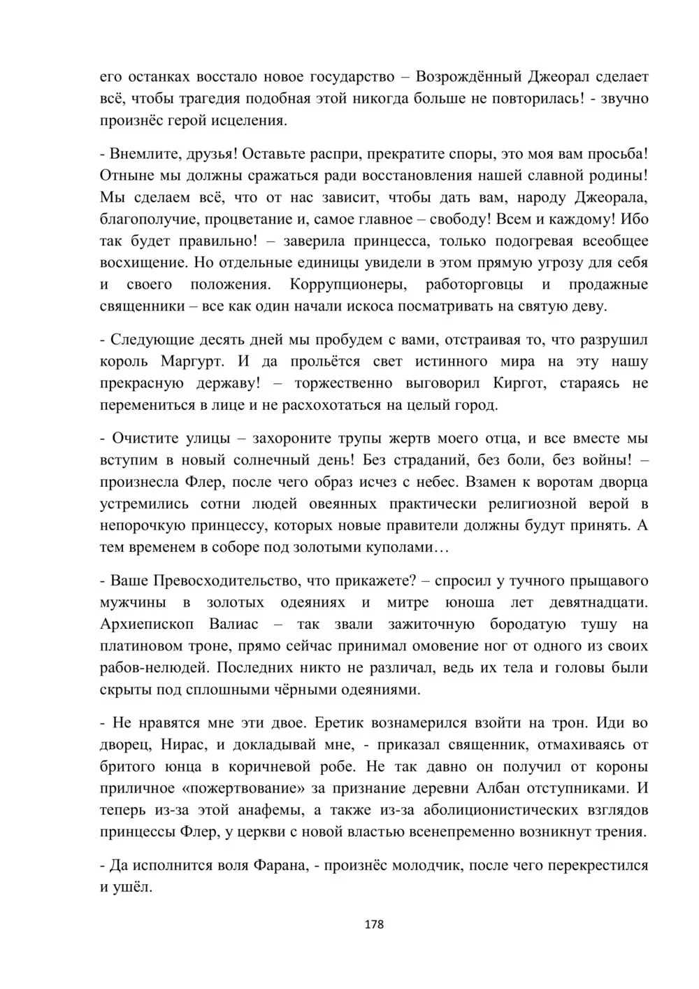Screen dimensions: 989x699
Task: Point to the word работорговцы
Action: click(473, 285)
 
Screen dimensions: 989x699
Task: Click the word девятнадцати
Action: click(600, 602)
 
